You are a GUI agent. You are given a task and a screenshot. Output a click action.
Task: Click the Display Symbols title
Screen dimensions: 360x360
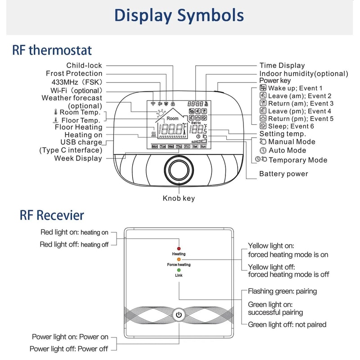179,15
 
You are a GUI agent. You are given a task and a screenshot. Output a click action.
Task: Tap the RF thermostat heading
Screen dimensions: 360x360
52,49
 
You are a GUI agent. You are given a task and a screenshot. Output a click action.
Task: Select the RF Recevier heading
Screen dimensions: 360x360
52,215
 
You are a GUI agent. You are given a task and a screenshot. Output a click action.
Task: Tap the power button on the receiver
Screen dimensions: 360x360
179,315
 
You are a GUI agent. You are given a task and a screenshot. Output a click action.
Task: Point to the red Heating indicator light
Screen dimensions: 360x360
179,248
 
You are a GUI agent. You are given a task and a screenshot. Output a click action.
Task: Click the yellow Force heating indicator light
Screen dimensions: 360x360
179,259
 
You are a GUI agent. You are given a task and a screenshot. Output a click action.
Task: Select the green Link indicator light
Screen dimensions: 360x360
179,270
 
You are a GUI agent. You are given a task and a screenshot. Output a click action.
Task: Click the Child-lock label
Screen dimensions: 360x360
84,65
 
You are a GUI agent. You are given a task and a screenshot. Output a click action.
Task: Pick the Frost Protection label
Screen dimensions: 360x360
74,73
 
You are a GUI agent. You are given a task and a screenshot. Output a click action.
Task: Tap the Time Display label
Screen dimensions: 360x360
282,65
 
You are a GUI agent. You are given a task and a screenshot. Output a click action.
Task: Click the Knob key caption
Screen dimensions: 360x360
179,198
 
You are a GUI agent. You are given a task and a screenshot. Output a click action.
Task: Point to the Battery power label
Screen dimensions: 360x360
283,174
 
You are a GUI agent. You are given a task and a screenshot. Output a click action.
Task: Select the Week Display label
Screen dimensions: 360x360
78,158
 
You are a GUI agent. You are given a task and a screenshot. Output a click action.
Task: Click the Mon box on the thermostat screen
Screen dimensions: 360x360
155,147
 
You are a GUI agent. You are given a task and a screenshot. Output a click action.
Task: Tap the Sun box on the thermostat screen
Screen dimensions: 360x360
203,147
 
